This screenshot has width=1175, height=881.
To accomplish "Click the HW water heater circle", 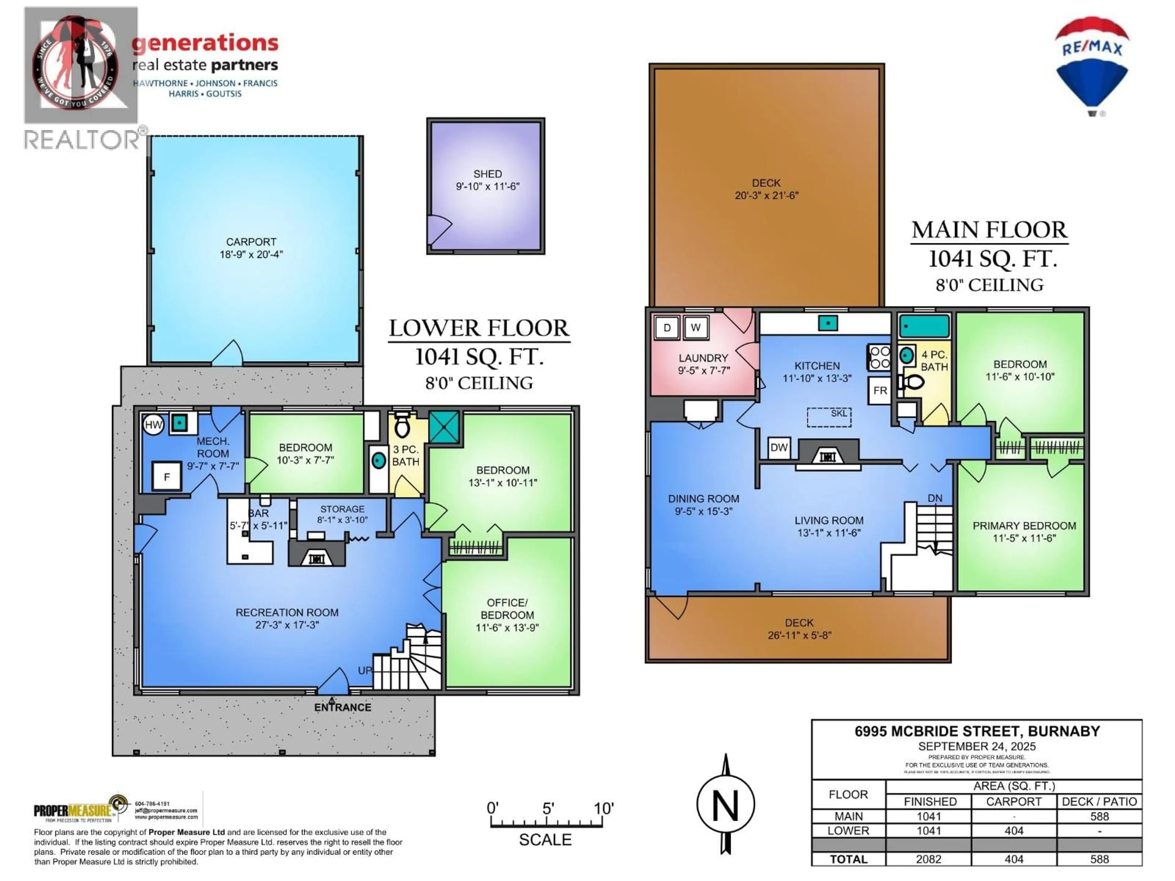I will (153, 424).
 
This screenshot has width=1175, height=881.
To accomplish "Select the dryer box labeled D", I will (667, 328).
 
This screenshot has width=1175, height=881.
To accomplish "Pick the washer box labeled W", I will (695, 328).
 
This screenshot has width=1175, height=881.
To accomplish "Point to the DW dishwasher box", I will (779, 447).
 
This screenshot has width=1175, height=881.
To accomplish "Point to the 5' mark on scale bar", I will (548, 809).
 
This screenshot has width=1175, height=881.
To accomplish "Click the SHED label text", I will (487, 174).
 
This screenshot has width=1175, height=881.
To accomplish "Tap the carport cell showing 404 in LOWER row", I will (1013, 831).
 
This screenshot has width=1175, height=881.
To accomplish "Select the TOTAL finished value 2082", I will (929, 859).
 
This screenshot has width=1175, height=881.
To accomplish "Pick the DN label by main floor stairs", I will (935, 498).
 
